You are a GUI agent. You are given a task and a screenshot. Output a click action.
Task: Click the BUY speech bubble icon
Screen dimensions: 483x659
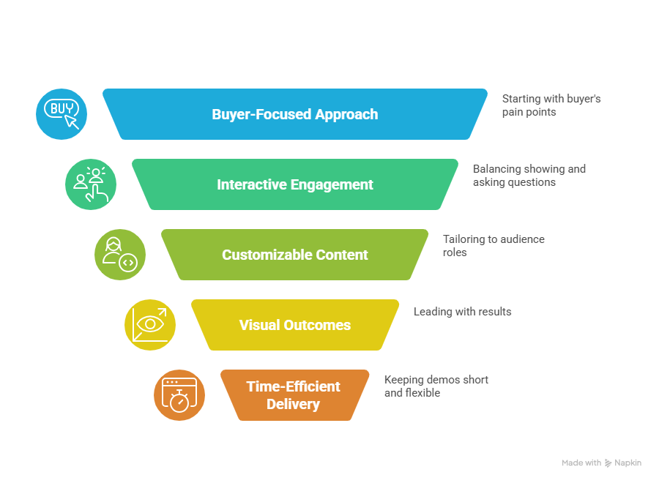point(62,114)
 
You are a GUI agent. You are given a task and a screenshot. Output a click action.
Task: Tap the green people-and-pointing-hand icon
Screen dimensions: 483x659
point(91,184)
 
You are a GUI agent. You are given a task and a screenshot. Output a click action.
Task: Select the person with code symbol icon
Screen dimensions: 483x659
point(120,255)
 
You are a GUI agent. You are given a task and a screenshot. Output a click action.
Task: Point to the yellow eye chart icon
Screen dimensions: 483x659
point(149,325)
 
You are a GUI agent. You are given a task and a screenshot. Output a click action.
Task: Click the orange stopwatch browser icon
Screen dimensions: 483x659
point(179,395)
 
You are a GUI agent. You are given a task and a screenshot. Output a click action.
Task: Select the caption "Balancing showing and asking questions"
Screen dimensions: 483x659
point(529,175)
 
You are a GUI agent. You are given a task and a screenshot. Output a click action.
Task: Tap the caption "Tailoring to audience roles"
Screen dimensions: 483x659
point(493,245)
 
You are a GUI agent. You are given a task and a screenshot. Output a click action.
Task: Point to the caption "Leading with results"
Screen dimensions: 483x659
point(462,312)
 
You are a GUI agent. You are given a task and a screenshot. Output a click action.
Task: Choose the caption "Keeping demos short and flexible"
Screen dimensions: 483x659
point(436,386)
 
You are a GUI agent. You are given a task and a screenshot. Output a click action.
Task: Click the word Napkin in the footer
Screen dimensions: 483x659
point(628,463)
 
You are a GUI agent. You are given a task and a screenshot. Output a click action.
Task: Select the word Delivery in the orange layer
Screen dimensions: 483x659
point(293,404)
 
